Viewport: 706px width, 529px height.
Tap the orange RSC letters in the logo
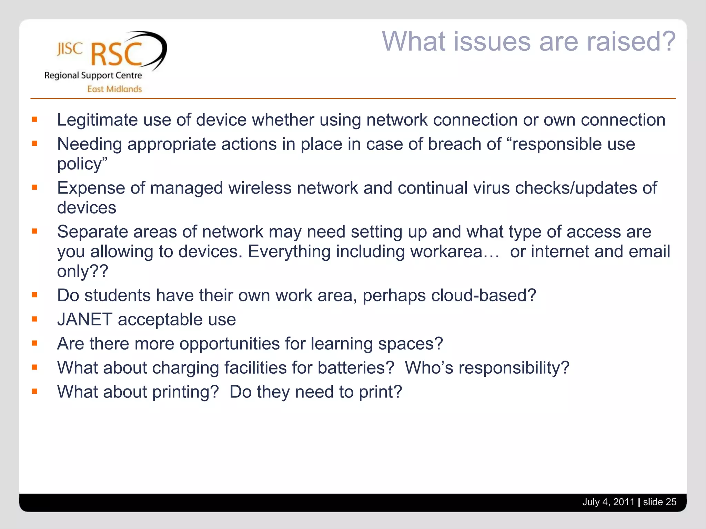pyautogui.click(x=117, y=54)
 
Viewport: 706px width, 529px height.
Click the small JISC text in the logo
pyautogui.click(x=70, y=49)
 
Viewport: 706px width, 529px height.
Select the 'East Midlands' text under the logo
pyautogui.click(x=114, y=89)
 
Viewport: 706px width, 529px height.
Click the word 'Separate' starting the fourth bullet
pyautogui.click(x=92, y=232)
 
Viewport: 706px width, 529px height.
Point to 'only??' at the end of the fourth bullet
pyautogui.click(x=82, y=271)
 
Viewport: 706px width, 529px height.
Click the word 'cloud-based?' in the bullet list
pyautogui.click(x=483, y=295)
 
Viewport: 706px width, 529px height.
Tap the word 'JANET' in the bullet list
pyautogui.click(x=85, y=320)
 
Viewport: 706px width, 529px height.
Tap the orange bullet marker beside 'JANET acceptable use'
pyautogui.click(x=34, y=319)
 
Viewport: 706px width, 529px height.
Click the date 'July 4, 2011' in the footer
pyautogui.click(x=608, y=502)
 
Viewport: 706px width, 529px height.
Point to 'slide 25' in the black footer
pyautogui.click(x=659, y=502)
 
